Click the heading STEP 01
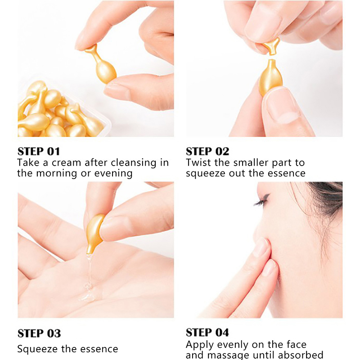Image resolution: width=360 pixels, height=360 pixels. pos(39,152)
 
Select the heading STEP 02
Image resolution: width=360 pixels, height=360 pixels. pos(207,152)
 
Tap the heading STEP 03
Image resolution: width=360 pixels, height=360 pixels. pos(39,333)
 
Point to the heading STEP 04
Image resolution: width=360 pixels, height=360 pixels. pos(207,333)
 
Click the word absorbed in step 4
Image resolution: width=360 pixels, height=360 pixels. pos(301,355)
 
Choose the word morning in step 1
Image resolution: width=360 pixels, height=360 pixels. pos(57,174)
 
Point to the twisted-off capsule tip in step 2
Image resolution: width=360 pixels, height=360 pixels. pos(271,46)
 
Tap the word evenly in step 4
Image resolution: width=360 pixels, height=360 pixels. pos(233,345)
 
